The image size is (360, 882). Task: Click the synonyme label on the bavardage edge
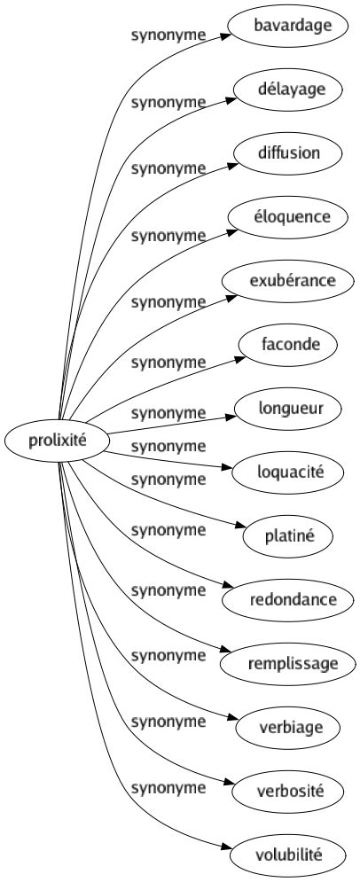(x=168, y=36)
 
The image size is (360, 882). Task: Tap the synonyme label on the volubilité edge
(x=168, y=786)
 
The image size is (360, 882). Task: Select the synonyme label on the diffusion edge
(x=168, y=167)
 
